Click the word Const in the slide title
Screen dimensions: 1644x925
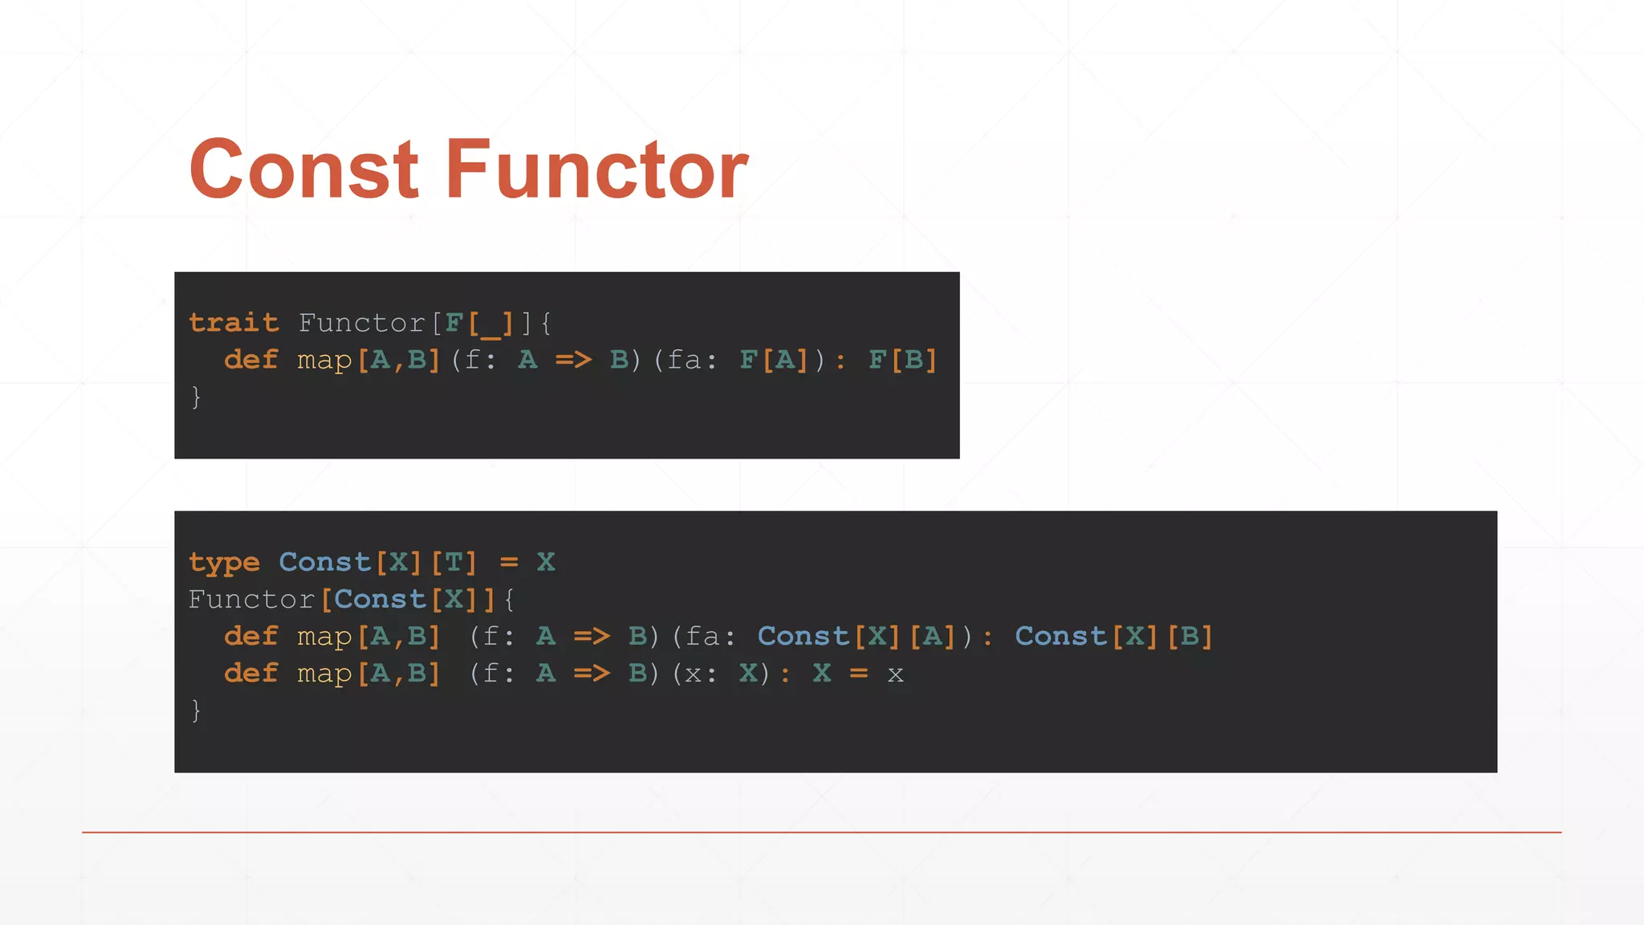click(303, 169)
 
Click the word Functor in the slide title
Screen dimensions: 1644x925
click(596, 169)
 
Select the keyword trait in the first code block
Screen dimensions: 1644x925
click(234, 323)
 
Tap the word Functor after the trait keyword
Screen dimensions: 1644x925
click(361, 323)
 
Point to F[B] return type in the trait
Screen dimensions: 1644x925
click(903, 360)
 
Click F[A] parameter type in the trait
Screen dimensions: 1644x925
click(774, 360)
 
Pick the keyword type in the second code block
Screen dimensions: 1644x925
click(224, 562)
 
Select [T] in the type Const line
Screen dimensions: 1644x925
click(454, 562)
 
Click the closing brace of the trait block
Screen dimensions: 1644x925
click(196, 397)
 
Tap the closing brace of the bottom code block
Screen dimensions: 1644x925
click(196, 710)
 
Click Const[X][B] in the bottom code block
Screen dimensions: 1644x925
click(1113, 636)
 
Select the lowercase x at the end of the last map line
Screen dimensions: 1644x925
click(895, 674)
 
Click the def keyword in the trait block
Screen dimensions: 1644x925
click(251, 360)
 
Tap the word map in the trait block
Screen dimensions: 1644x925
click(324, 360)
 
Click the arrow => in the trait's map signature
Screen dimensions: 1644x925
click(573, 360)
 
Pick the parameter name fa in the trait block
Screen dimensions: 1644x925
click(685, 360)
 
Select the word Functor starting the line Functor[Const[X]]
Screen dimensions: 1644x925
click(251, 599)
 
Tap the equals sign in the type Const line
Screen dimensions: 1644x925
click(509, 562)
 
